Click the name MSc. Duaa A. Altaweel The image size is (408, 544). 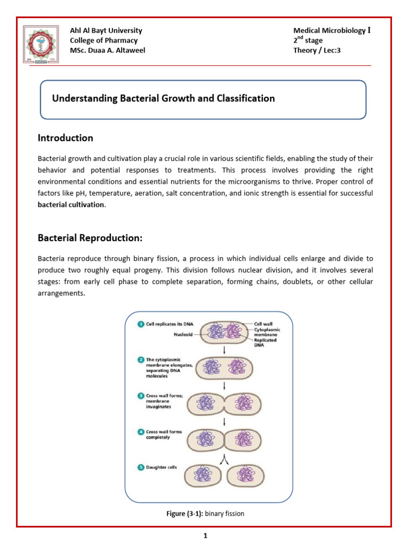pyautogui.click(x=107, y=50)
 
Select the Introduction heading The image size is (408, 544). pyautogui.click(x=65, y=138)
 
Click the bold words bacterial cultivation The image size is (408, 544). pyautogui.click(x=71, y=205)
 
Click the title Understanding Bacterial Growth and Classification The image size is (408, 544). pyautogui.click(x=163, y=98)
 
